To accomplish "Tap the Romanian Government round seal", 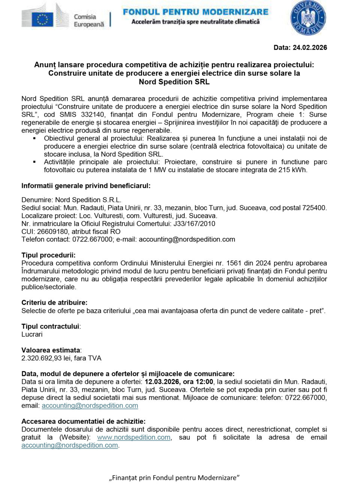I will pos(308,18).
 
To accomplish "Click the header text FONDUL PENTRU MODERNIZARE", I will pos(195,12).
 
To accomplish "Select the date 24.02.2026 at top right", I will pos(310,48).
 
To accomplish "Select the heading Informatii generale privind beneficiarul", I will pos(86,186).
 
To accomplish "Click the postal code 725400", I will pos(313,208).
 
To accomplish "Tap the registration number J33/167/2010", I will pos(194,224).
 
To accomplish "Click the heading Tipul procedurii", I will pos(48,256).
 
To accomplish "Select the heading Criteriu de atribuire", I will pos(54,303).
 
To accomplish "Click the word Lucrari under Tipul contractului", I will pos(32,334).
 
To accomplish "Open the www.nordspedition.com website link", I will pos(133,437).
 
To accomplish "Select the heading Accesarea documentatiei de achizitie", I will pos(84,421).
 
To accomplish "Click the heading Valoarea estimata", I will pos(51,350).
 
